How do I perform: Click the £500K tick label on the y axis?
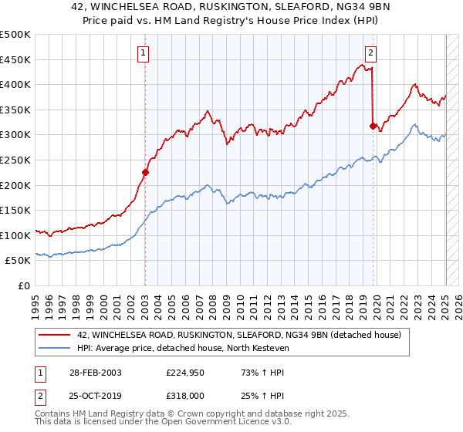[x=15, y=35]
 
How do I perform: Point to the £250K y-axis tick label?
[x=15, y=160]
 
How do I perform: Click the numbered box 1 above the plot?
[x=144, y=53]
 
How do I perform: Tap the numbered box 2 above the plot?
[x=370, y=53]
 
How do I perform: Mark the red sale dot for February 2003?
[x=145, y=173]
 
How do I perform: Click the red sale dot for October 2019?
[x=373, y=126]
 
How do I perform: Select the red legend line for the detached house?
[x=54, y=336]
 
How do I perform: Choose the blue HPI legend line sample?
[x=54, y=349]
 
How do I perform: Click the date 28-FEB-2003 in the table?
[x=94, y=372]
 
